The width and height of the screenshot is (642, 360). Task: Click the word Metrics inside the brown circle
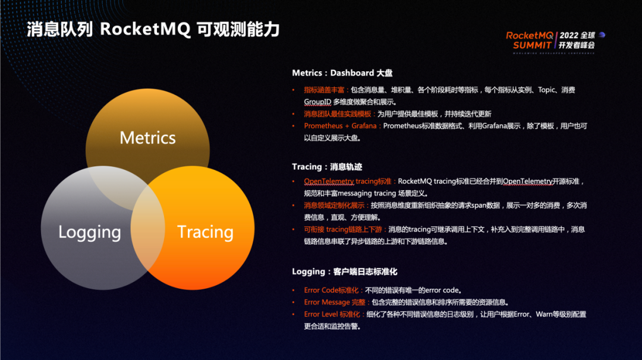(147, 138)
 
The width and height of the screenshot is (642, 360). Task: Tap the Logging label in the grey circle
(90, 232)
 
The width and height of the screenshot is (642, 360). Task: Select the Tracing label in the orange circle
(205, 232)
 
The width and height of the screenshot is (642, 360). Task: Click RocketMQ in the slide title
(145, 30)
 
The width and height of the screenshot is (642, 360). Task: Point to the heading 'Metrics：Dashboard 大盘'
(342, 73)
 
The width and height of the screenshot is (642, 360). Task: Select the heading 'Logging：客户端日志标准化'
(344, 271)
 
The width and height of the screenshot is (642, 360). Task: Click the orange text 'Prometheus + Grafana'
(340, 126)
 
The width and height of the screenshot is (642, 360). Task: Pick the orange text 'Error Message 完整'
(335, 302)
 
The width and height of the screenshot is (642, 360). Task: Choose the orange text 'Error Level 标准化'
(335, 314)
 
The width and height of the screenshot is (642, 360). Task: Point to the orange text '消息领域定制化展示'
(335, 205)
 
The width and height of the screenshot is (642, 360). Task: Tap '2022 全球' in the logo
(577, 35)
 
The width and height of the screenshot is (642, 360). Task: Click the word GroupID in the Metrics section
(317, 102)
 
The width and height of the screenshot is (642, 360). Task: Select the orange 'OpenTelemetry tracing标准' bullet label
(348, 181)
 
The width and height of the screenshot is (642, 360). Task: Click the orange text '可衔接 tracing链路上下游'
(344, 229)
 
